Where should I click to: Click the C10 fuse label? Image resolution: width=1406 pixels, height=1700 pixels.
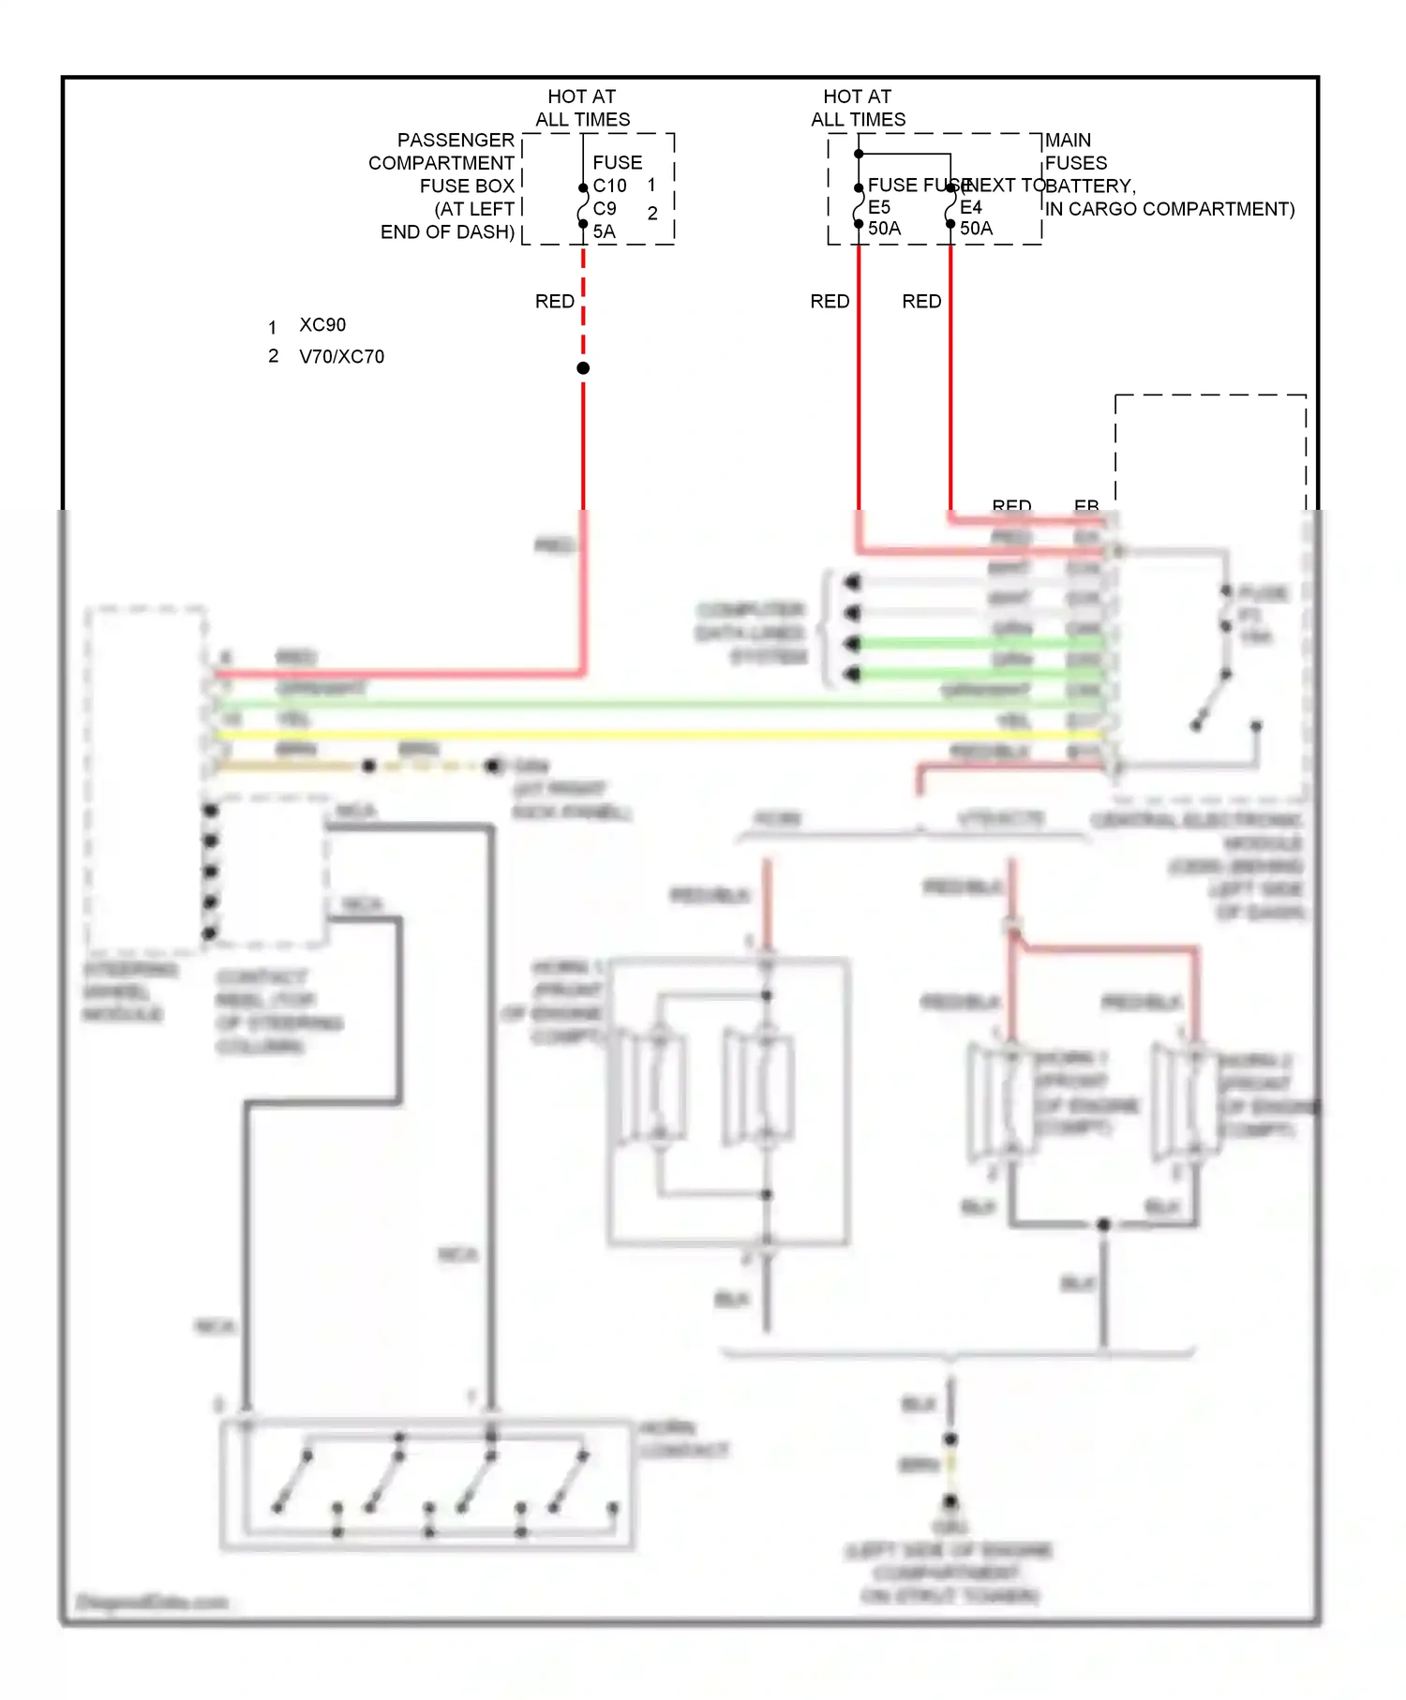tap(609, 186)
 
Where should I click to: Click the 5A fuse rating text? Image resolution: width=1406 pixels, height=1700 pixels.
tap(605, 231)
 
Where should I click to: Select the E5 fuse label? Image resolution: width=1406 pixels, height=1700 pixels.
tap(879, 207)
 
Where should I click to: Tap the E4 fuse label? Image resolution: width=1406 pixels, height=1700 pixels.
tap(971, 207)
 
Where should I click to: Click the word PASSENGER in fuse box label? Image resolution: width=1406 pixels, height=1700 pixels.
tap(456, 140)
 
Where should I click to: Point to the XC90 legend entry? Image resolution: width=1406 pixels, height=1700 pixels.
tap(322, 325)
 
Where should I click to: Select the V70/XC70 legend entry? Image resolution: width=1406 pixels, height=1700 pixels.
tap(341, 357)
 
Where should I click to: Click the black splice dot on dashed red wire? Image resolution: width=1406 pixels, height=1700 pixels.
tap(583, 368)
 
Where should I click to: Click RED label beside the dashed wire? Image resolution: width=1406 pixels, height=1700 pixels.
tap(554, 302)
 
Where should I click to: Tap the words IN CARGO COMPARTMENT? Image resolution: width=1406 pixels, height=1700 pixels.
tap(1169, 209)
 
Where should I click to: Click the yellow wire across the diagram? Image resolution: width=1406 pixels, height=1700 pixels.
tap(656, 735)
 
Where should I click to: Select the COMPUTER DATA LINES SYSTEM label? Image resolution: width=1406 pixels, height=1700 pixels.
tap(751, 634)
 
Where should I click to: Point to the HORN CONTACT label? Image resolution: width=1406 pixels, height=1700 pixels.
tap(682, 1439)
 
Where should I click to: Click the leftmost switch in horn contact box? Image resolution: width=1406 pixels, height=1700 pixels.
tap(292, 1481)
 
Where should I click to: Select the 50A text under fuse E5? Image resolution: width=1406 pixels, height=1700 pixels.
tap(884, 229)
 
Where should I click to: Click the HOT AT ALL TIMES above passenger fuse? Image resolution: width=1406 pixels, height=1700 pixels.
tap(582, 108)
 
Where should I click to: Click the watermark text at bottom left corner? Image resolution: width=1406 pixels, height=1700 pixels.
tap(152, 1602)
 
